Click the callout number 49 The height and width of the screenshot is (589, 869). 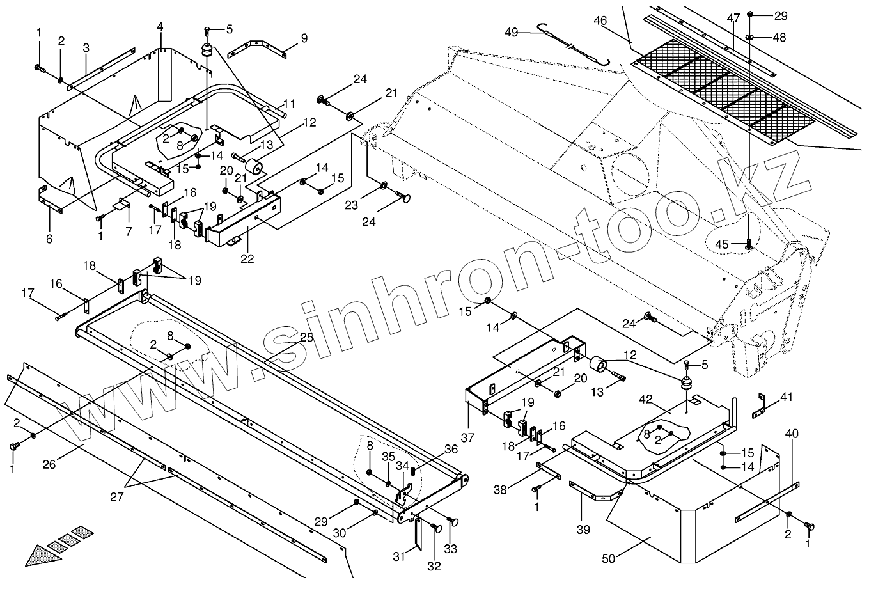coord(511,31)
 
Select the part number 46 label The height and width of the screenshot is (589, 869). coord(600,20)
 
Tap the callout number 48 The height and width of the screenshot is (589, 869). coord(779,38)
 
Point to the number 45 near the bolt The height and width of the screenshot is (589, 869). coord(722,244)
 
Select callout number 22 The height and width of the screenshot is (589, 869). coord(247,259)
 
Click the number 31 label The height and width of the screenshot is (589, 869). coord(399,557)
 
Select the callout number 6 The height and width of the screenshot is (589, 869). coord(49,239)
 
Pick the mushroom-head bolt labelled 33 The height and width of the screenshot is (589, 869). coord(455,522)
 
